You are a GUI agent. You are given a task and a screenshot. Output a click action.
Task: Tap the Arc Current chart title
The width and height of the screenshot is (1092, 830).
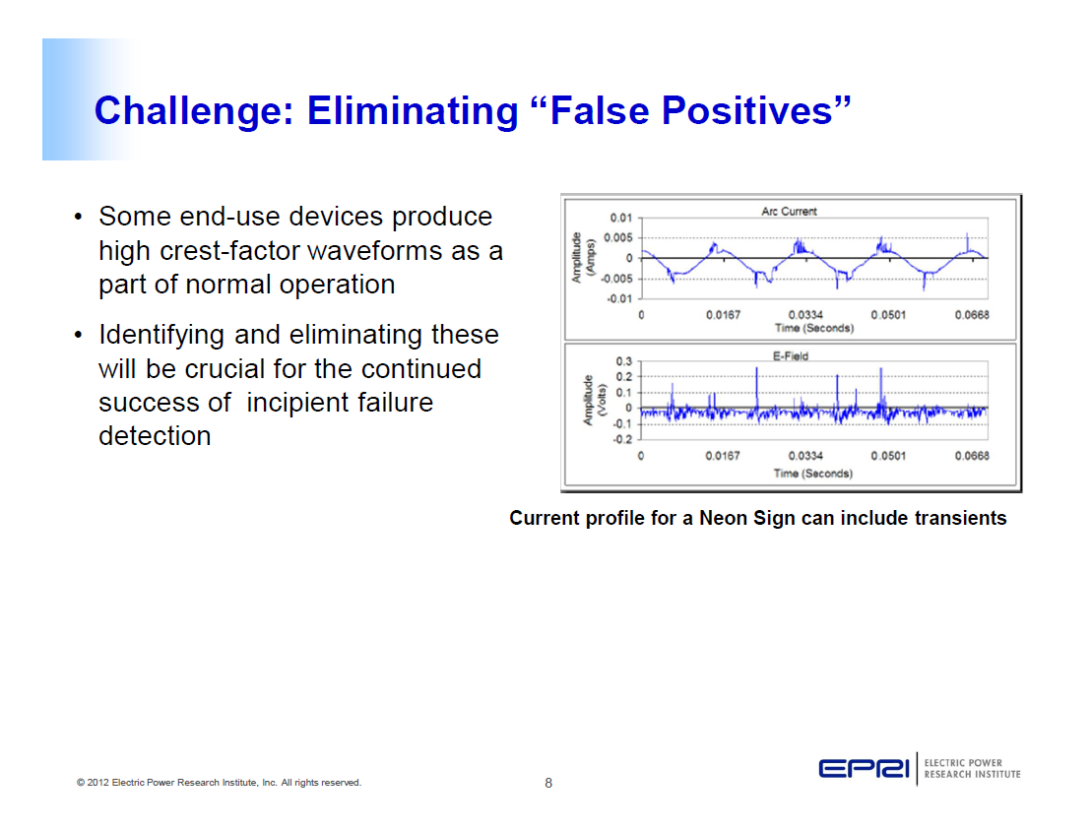tap(789, 211)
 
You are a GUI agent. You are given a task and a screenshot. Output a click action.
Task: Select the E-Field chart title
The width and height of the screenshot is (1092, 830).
tap(789, 355)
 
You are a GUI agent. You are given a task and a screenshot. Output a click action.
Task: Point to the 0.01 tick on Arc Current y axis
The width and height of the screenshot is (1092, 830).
tap(620, 218)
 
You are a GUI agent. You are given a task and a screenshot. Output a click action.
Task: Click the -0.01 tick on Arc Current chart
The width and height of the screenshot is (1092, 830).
tap(618, 298)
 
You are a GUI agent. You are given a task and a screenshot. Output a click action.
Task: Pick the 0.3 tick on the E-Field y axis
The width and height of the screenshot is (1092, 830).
tap(623, 362)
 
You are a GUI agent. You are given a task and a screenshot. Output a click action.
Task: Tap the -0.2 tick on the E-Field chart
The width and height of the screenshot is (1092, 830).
tap(621, 439)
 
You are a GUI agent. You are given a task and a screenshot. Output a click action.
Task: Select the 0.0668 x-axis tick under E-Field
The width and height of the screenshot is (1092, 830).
tap(971, 456)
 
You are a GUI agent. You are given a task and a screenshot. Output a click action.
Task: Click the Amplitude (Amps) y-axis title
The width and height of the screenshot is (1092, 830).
tap(583, 258)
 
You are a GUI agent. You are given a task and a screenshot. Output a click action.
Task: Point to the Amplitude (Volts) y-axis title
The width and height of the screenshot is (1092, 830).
tap(594, 400)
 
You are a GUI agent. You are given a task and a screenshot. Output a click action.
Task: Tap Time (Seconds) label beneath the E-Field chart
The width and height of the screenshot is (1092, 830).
tap(812, 473)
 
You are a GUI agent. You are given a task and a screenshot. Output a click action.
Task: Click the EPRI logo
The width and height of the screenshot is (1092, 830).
tap(866, 768)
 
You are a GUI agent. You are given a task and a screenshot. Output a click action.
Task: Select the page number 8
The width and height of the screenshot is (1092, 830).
tap(548, 784)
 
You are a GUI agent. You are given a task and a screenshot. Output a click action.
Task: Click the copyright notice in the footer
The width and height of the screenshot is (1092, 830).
tap(219, 783)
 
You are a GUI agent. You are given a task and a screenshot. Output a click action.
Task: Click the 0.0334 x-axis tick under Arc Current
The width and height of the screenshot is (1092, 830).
tap(806, 315)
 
